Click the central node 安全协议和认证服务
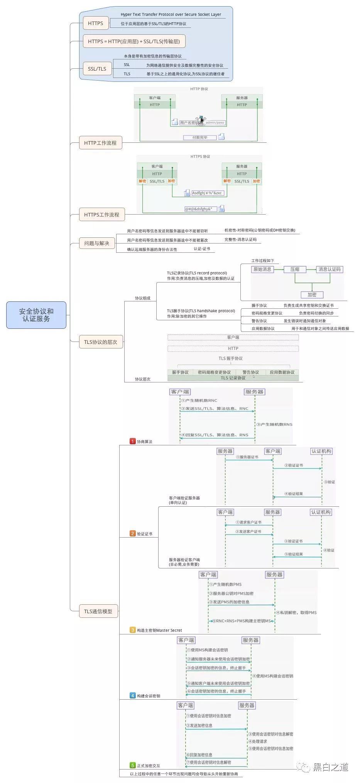(x=36, y=315)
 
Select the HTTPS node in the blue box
(x=95, y=23)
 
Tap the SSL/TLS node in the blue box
(x=97, y=69)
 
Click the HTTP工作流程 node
(x=100, y=143)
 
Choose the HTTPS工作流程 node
(x=102, y=215)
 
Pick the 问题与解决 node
(x=96, y=243)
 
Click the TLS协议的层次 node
(x=101, y=342)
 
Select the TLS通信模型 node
(x=98, y=611)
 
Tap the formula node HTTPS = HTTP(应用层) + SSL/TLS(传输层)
(x=134, y=41)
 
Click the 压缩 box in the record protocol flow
(x=295, y=269)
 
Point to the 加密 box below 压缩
(x=312, y=294)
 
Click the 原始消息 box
(x=262, y=269)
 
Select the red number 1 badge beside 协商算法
(x=133, y=441)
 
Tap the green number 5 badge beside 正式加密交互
(x=133, y=765)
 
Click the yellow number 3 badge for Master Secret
(x=133, y=630)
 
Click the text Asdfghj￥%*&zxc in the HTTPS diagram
(x=207, y=193)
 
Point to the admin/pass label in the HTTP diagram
(x=215, y=123)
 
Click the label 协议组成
(x=142, y=298)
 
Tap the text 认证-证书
(x=202, y=249)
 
